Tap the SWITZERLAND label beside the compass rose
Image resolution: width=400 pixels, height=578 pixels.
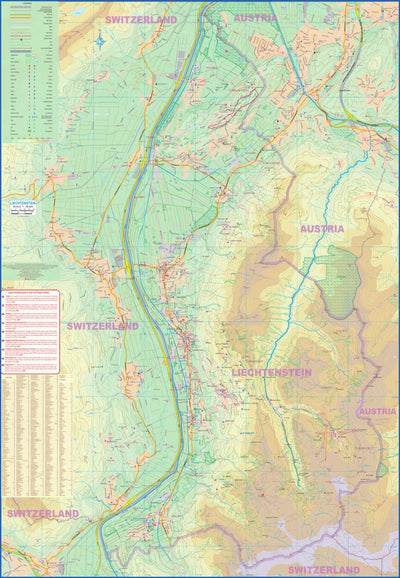coord(143,20)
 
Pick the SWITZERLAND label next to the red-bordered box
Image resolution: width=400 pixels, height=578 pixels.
coord(102,326)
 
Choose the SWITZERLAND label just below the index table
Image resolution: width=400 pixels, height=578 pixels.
coord(42,513)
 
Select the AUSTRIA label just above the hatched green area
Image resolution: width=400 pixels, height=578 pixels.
coord(322,229)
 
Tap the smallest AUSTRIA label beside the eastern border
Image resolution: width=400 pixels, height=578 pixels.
coord(377,411)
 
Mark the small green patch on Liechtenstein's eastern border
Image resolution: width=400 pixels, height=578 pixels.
coord(381,468)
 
